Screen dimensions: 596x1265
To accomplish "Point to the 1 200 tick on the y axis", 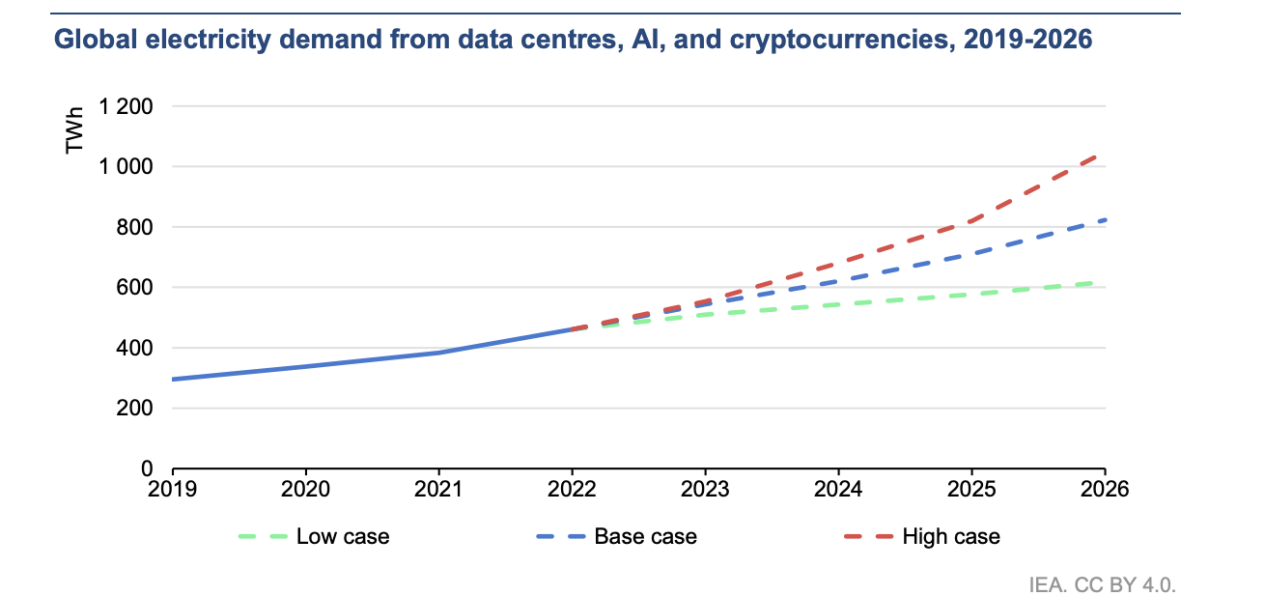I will coord(126,107).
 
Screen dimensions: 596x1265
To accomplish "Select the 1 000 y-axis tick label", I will coord(126,167).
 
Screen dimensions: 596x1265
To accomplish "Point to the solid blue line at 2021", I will coord(439,353).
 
